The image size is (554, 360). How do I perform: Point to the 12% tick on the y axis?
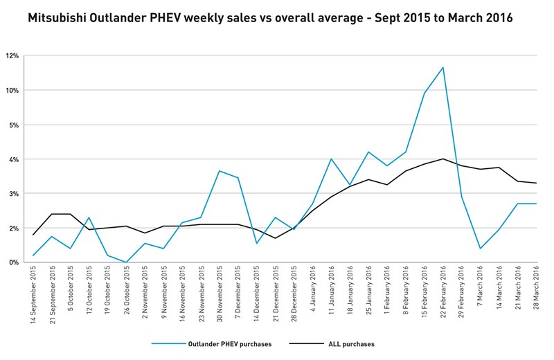[13, 56]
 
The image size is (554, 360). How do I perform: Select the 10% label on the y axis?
[13, 91]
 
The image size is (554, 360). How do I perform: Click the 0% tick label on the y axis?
[15, 262]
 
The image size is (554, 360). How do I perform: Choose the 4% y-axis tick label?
[15, 159]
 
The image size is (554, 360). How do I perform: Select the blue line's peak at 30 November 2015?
[219, 170]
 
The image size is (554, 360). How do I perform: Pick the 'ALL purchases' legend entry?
[350, 343]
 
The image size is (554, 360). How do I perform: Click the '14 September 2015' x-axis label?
[34, 295]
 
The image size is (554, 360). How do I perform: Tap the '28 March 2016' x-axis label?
[537, 291]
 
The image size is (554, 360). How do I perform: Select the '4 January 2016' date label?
[312, 289]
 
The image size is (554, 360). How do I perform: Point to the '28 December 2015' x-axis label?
[294, 295]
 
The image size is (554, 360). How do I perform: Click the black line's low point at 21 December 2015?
[275, 238]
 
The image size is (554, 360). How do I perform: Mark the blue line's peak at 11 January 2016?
[331, 159]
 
